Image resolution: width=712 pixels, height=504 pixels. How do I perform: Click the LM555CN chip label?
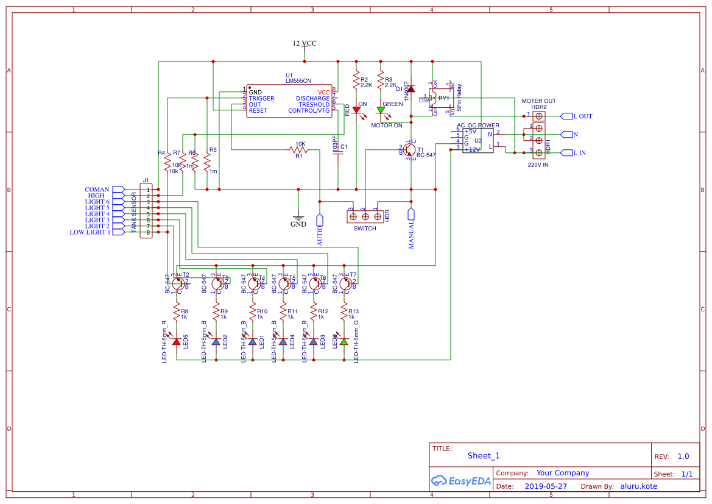pos(298,80)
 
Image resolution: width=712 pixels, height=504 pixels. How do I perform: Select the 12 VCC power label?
pos(305,43)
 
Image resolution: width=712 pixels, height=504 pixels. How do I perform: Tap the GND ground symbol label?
pos(298,224)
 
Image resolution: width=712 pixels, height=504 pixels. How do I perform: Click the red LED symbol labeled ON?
pos(356,110)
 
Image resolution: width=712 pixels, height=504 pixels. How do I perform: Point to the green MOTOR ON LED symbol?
pos(381,110)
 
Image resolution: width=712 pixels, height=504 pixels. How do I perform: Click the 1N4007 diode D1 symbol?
pos(411,89)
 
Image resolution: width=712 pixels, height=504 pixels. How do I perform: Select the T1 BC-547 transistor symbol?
pos(410,149)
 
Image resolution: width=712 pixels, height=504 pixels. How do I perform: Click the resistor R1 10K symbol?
pos(299,150)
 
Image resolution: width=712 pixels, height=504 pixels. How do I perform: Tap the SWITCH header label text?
pos(365,229)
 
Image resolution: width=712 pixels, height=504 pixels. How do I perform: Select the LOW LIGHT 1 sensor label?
pos(90,232)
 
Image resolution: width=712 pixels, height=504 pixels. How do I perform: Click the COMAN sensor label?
pos(97,190)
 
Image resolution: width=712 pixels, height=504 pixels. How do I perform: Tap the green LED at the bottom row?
pos(344,342)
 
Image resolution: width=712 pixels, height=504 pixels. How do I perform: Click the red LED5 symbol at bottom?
pos(177,342)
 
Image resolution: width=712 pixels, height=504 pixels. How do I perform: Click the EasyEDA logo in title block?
pos(460,480)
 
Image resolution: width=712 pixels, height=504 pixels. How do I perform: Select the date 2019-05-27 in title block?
pos(546,486)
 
